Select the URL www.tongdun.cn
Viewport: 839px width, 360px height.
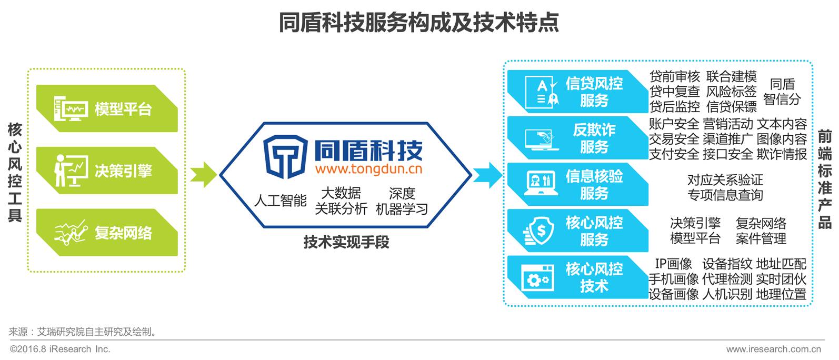click(x=368, y=169)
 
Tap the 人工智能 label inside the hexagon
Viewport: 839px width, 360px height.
click(x=280, y=201)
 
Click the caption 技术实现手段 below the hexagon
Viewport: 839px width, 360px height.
click(x=346, y=242)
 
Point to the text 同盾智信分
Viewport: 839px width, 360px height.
click(x=782, y=92)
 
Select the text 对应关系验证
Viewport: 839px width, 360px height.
click(x=725, y=180)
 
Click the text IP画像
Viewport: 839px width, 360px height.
click(x=673, y=264)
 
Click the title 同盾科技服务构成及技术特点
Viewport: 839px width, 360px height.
click(x=419, y=23)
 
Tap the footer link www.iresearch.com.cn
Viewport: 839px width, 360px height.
click(x=773, y=349)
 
